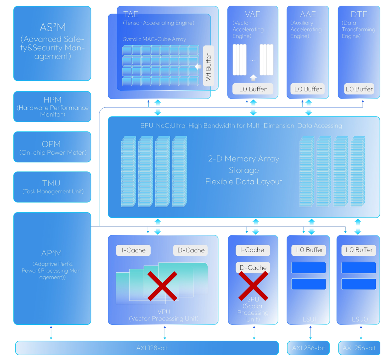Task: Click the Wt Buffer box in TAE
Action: pyautogui.click(x=208, y=66)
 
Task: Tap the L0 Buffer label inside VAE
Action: pyautogui.click(x=253, y=89)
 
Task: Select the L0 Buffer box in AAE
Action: pyautogui.click(x=308, y=89)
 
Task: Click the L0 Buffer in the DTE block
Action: pyautogui.click(x=359, y=89)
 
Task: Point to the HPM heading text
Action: pyautogui.click(x=53, y=100)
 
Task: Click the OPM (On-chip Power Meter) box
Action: pyautogui.click(x=52, y=147)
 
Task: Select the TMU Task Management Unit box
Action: pyautogui.click(x=52, y=187)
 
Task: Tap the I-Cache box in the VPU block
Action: pyautogui.click(x=133, y=250)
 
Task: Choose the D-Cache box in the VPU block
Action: pyautogui.click(x=191, y=250)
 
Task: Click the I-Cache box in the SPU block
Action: pyautogui.click(x=253, y=250)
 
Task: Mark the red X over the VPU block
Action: pyautogui.click(x=162, y=286)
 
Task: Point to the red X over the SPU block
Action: pyautogui.click(x=253, y=286)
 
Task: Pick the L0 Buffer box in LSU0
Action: pyautogui.click(x=359, y=250)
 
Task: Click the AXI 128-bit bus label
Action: pyautogui.click(x=152, y=348)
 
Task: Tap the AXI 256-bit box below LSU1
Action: pyautogui.click(x=308, y=348)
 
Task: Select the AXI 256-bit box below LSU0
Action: pyautogui.click(x=359, y=348)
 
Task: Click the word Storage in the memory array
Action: pyautogui.click(x=244, y=170)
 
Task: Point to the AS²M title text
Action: pyautogui.click(x=53, y=27)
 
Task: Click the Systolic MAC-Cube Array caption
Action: pyautogui.click(x=155, y=39)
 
